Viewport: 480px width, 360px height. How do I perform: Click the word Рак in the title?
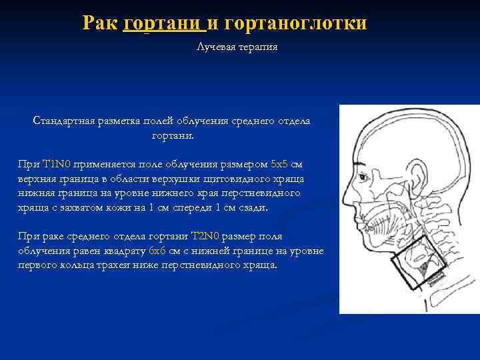(x=101, y=23)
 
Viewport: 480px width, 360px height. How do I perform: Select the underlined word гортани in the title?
(x=163, y=23)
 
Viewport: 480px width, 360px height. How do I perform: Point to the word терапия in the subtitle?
(x=257, y=47)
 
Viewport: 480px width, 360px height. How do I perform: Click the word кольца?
(x=72, y=265)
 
